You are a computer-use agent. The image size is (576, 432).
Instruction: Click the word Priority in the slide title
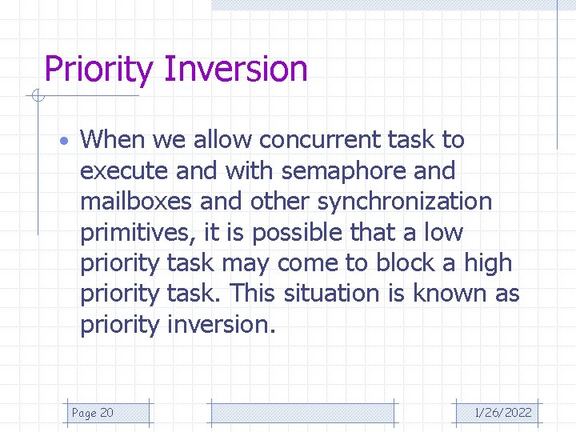point(98,70)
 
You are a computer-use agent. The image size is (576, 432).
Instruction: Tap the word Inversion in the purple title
point(235,69)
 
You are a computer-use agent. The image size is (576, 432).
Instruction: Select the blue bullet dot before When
point(66,141)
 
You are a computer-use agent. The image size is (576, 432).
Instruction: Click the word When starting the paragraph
point(112,140)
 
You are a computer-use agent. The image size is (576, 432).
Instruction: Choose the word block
point(405,263)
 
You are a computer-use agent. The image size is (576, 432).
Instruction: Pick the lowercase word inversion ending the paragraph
point(221,325)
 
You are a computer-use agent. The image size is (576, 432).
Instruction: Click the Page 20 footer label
point(92,413)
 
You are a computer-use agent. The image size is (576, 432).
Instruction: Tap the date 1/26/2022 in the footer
point(502,413)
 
